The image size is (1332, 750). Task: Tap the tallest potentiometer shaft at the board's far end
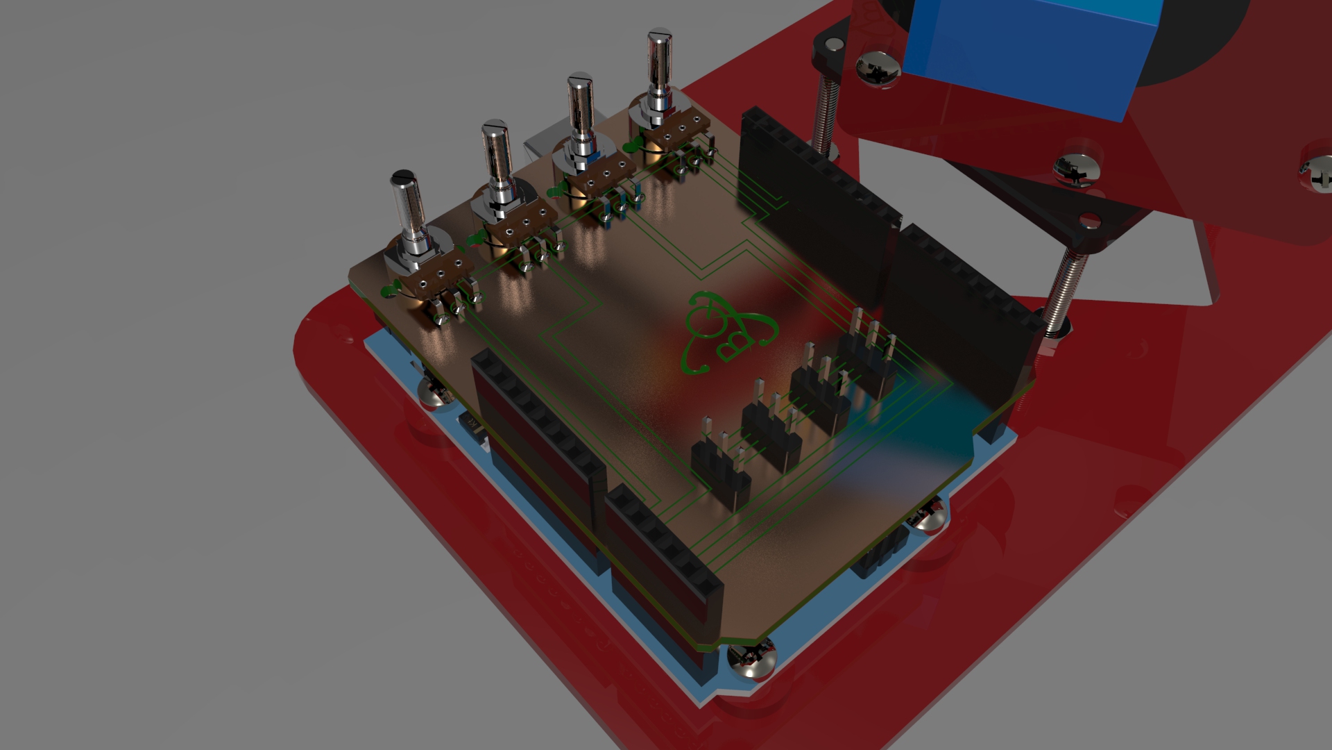point(658,62)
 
